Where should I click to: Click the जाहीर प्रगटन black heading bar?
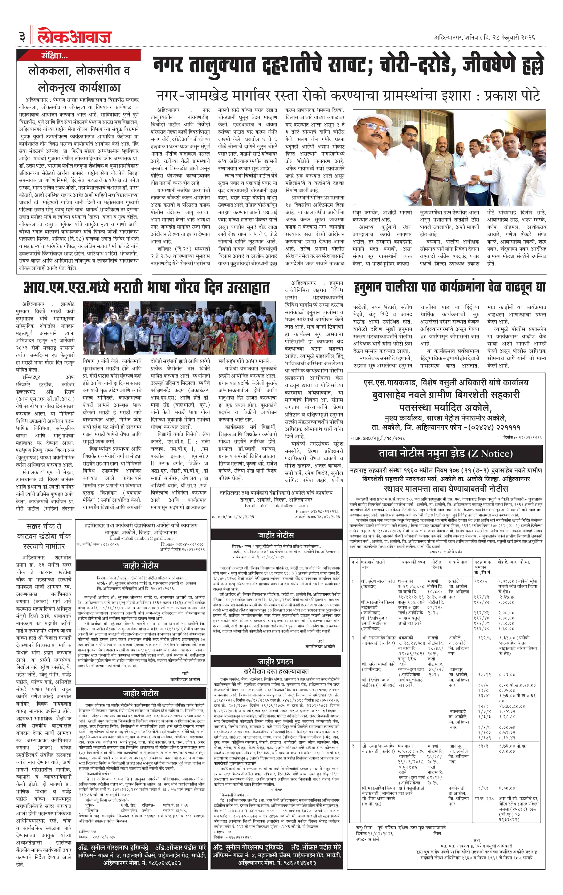276,661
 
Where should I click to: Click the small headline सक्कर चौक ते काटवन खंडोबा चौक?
44,536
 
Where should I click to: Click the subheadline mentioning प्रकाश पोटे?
348,96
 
